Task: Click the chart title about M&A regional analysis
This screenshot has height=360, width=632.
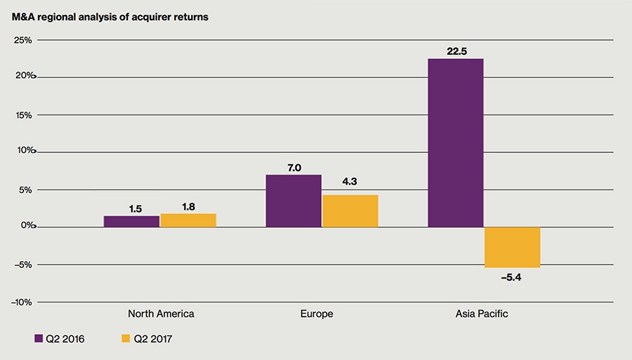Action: click(x=110, y=16)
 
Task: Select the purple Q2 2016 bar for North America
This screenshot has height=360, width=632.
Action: click(x=131, y=221)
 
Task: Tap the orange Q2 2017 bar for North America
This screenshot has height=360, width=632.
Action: click(x=188, y=220)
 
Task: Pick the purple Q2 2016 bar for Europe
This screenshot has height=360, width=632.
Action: click(x=294, y=201)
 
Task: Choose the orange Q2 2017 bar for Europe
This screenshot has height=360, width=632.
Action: click(x=350, y=211)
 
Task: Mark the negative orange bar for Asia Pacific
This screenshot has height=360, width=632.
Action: click(x=512, y=247)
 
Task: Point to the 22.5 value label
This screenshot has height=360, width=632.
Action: click(x=455, y=51)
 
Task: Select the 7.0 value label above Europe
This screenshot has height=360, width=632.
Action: click(x=294, y=167)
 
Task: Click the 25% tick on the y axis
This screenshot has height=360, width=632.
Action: click(x=23, y=40)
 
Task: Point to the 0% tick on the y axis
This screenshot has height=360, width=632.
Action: click(x=25, y=226)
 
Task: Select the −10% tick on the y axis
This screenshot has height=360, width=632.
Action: click(x=22, y=302)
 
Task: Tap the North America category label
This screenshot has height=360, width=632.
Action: click(x=161, y=314)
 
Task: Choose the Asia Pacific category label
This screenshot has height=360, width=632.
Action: click(x=482, y=314)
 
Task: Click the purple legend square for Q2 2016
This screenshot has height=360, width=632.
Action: click(x=39, y=339)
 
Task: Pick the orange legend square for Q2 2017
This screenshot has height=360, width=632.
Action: click(x=126, y=339)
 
